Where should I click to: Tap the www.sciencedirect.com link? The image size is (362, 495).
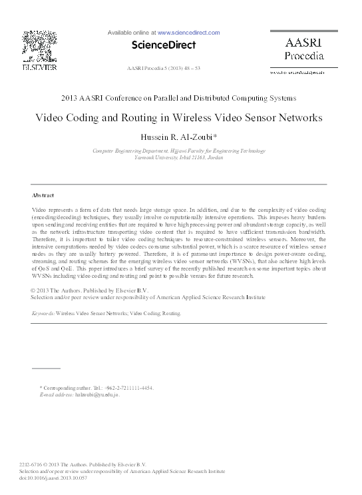188,32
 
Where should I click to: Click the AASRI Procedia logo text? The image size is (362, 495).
303,48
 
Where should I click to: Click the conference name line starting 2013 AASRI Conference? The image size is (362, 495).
178,98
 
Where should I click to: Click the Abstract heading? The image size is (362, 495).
43,195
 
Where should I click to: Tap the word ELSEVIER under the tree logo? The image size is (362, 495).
40,67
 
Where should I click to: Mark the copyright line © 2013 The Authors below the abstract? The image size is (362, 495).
84,291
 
